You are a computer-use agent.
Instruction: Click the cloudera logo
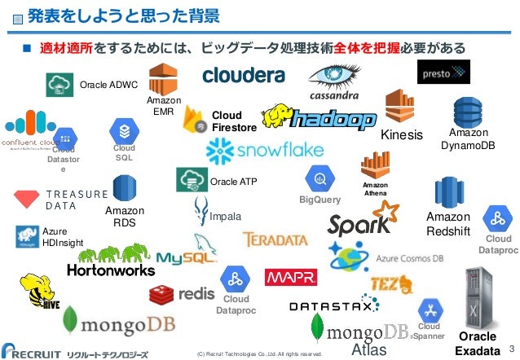click(x=243, y=75)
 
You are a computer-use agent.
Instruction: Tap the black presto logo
click(x=443, y=72)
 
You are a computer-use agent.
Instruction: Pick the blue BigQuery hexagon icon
click(x=319, y=178)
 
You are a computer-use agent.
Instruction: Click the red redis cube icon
click(x=163, y=293)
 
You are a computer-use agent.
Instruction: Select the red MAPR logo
click(x=290, y=279)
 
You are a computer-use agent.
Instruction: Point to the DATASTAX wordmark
click(x=333, y=306)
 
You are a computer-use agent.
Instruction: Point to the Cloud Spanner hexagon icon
click(x=429, y=310)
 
